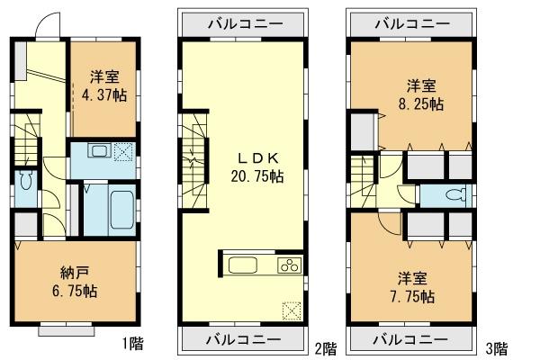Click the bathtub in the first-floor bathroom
point(120,207)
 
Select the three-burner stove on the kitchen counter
point(290,265)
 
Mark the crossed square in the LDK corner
point(291,310)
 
